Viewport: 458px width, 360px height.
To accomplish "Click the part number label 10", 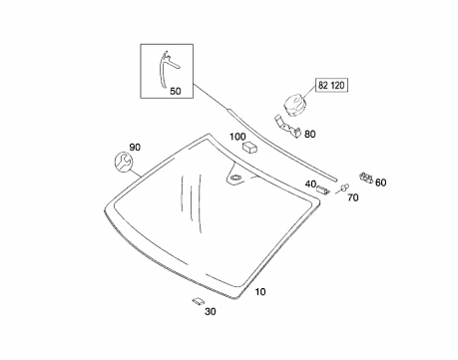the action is click(x=260, y=292).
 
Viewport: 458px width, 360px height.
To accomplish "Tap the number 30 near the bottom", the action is click(x=211, y=311).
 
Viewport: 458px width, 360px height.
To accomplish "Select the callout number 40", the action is click(x=310, y=183).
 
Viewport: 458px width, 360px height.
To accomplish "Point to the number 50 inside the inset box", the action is click(x=176, y=91).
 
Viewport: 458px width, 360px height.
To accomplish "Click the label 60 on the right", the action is click(x=381, y=182).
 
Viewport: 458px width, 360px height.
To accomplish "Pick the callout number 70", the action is click(x=353, y=197).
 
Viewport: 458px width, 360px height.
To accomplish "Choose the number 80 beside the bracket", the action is click(x=310, y=135).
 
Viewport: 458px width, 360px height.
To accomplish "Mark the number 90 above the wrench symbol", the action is click(x=135, y=147).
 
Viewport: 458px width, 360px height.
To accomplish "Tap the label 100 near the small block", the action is click(x=237, y=137).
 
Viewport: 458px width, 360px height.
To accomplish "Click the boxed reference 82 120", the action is click(x=331, y=86).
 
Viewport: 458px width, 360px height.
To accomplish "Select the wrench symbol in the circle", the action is click(x=124, y=162).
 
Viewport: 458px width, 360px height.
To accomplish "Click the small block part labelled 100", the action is click(x=250, y=147).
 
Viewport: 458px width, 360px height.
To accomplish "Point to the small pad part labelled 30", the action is click(x=198, y=301).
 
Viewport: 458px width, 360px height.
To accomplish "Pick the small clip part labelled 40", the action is click(x=322, y=189).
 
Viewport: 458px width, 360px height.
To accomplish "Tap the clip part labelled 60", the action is click(x=366, y=178).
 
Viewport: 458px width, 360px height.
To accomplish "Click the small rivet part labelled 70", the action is click(x=344, y=187).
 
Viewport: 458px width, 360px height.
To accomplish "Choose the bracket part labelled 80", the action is click(x=288, y=127).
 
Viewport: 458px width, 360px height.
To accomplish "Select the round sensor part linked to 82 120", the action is click(x=294, y=106).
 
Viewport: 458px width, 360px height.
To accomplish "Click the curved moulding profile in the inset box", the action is click(x=165, y=69).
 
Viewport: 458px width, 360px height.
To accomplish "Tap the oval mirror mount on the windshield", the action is click(x=235, y=178).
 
